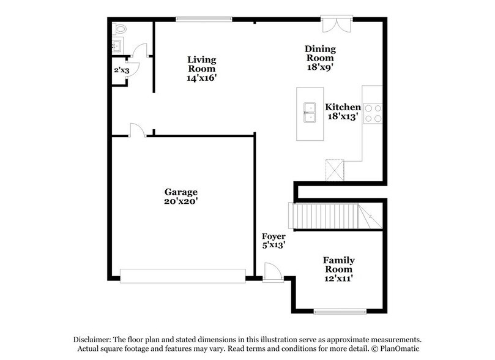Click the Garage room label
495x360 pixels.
[180, 196]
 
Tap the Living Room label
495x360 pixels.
[202, 69]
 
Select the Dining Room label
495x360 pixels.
[321, 58]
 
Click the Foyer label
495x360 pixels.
[274, 240]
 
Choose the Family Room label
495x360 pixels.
[338, 269]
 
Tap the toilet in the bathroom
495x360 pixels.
[120, 28]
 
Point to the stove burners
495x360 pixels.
[373, 113]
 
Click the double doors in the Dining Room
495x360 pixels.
[335, 23]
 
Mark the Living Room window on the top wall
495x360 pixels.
[204, 19]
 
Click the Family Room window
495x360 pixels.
[340, 311]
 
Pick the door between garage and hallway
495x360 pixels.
[136, 130]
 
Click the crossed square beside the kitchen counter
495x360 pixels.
[335, 170]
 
